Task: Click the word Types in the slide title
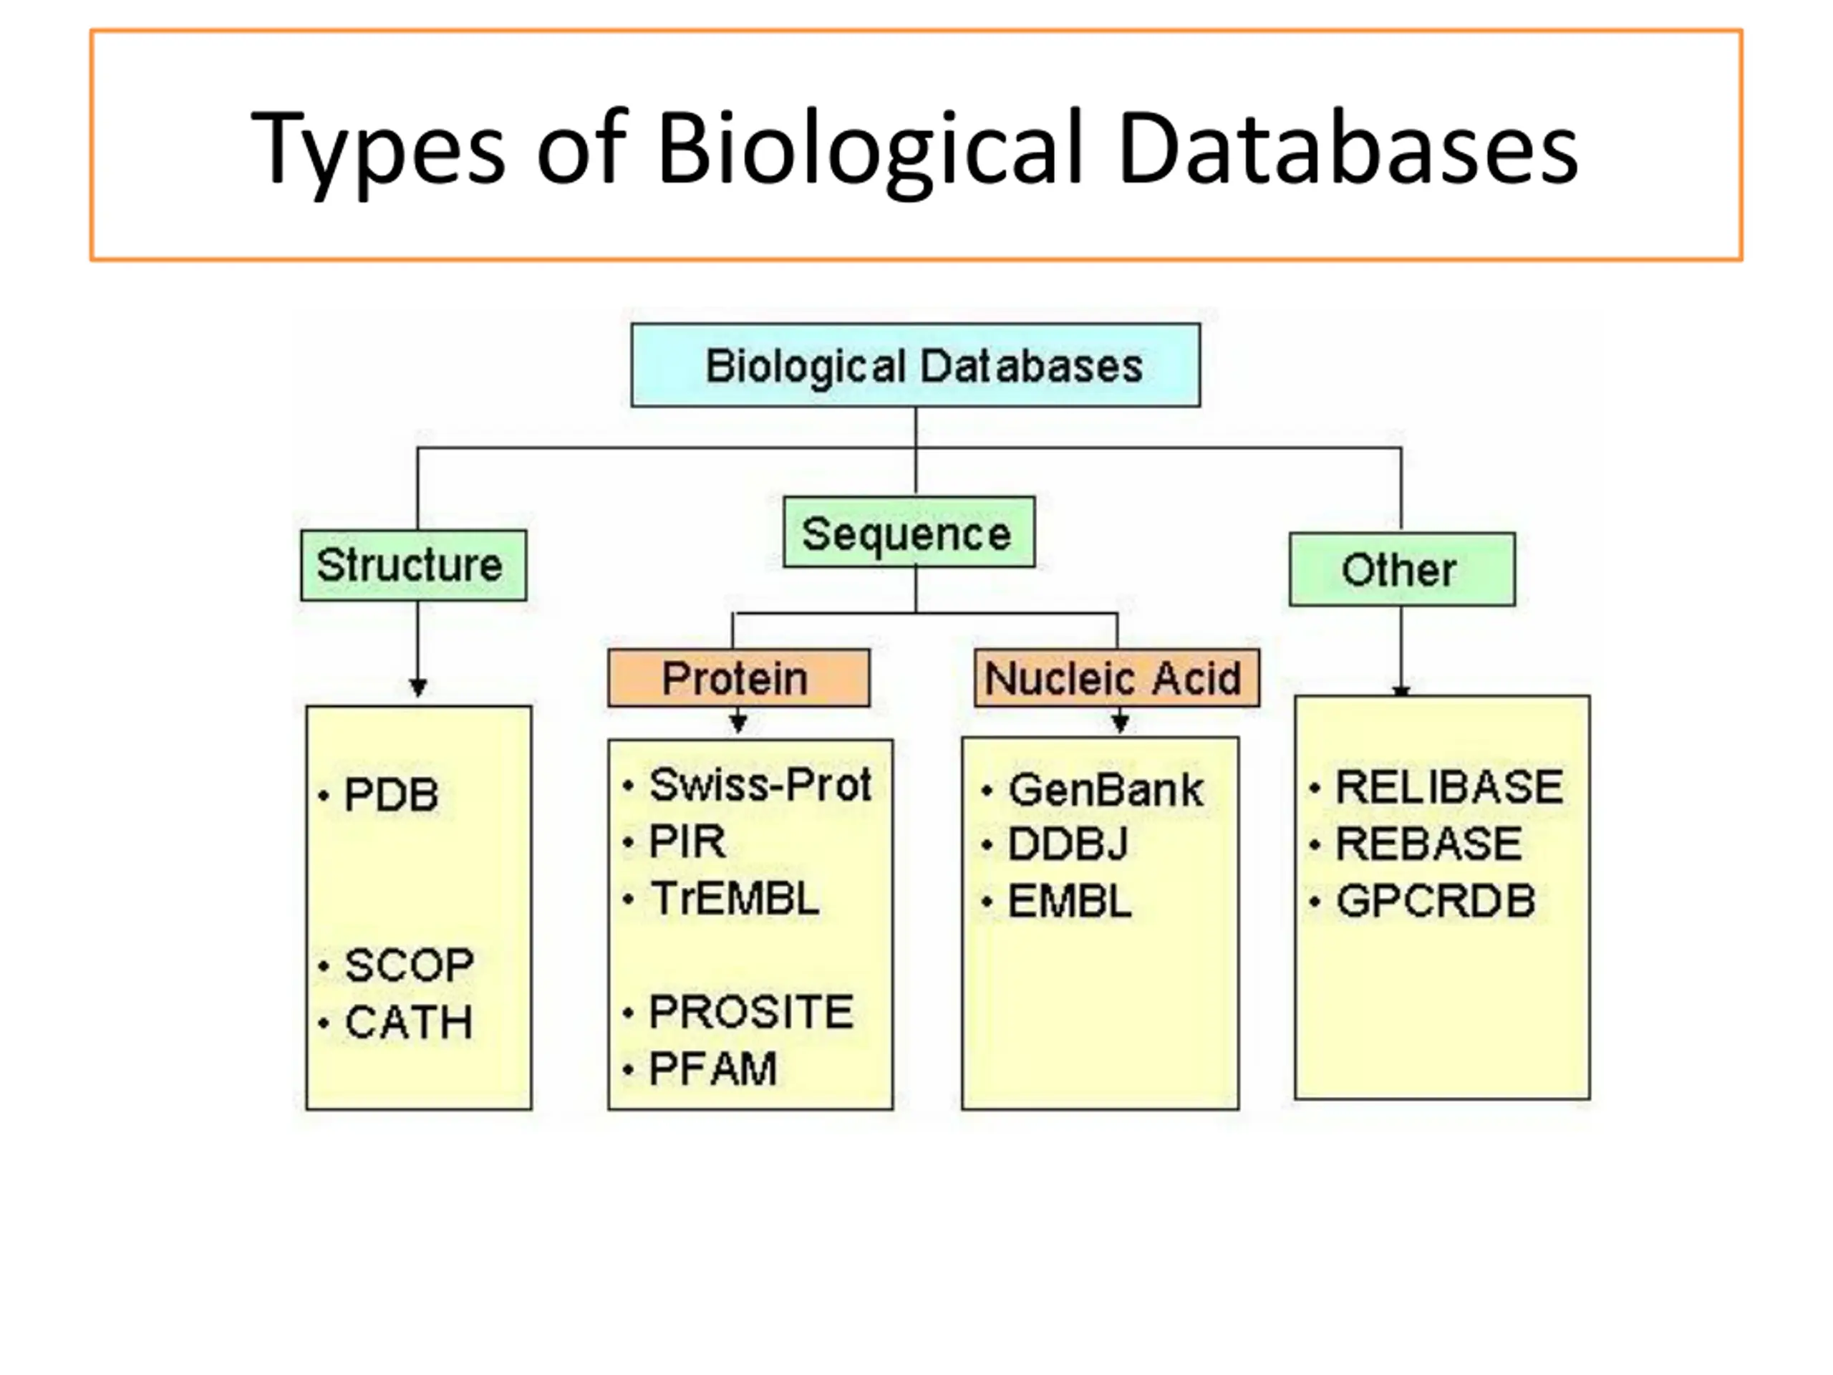coord(377,149)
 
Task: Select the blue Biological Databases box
coord(916,365)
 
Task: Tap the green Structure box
coord(414,565)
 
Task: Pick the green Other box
coord(1402,569)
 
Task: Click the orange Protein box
coord(738,678)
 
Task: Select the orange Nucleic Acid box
coord(1116,678)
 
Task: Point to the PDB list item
coord(390,795)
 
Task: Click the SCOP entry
coord(409,965)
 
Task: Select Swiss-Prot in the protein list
coord(760,784)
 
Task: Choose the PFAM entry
coord(712,1068)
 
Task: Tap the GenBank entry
coord(1105,789)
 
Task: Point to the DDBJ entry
coord(1068,844)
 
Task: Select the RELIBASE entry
coord(1448,786)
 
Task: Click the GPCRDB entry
coord(1435,901)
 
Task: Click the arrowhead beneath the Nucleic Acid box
coord(1120,723)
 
